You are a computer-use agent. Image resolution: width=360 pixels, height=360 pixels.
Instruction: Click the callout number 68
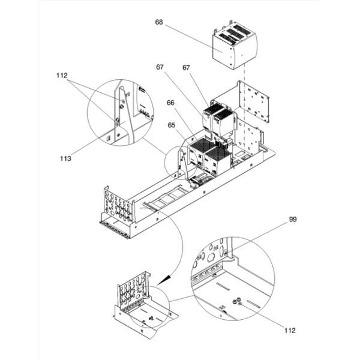click(159, 22)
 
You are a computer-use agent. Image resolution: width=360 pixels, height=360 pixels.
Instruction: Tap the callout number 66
click(170, 103)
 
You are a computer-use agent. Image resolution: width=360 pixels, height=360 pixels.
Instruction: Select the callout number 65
click(171, 125)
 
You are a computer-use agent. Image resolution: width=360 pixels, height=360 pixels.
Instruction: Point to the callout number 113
click(65, 158)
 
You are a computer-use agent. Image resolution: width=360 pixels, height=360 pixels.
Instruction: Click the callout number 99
click(293, 219)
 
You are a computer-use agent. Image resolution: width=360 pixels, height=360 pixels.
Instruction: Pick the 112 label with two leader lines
click(62, 76)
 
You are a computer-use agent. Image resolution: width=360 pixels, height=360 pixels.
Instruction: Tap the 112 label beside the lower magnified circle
click(290, 331)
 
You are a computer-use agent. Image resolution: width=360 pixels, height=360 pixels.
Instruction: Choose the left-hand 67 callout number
click(160, 67)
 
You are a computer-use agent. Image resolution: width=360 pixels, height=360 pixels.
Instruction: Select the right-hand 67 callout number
click(186, 67)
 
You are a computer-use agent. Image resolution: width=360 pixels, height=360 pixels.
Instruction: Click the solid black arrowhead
click(164, 280)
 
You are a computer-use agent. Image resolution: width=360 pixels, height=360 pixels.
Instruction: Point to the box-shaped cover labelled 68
click(234, 46)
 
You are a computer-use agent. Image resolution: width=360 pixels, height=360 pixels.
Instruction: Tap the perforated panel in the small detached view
click(133, 289)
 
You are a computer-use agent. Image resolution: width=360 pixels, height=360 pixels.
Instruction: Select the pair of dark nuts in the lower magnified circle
click(236, 301)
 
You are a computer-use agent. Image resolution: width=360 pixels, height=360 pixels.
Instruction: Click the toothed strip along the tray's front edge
click(113, 229)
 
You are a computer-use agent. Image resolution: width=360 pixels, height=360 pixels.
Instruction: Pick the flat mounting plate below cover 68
click(254, 101)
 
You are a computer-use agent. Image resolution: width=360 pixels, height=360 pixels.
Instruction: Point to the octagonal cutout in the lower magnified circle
click(211, 258)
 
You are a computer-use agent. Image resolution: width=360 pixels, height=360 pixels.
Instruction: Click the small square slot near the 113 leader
click(109, 138)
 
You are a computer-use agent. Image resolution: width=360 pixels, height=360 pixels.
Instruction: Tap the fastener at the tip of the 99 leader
click(226, 253)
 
